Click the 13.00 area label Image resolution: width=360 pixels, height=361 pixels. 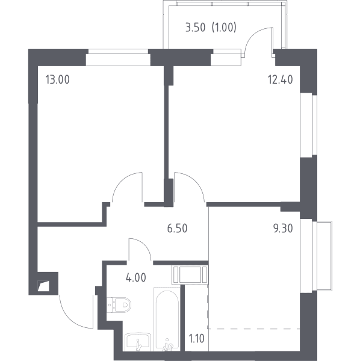pyautogui.click(x=58, y=79)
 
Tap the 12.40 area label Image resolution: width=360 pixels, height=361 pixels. pyautogui.click(x=281, y=79)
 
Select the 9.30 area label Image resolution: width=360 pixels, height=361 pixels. pyautogui.click(x=283, y=229)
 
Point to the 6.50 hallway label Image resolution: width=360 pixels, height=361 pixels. pyautogui.click(x=177, y=229)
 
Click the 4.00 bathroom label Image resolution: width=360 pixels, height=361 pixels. pyautogui.click(x=136, y=278)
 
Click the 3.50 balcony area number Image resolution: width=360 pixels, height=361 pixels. pyautogui.click(x=195, y=28)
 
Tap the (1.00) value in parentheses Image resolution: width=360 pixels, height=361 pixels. pyautogui.click(x=224, y=28)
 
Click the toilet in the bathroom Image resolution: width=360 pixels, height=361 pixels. pyautogui.click(x=119, y=304)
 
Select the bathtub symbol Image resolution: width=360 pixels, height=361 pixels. pyautogui.click(x=167, y=319)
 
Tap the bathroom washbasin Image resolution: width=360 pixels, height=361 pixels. pyautogui.click(x=138, y=342)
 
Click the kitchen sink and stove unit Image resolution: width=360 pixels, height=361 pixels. pyautogui.click(x=190, y=274)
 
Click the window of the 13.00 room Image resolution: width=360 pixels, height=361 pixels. pyautogui.click(x=118, y=57)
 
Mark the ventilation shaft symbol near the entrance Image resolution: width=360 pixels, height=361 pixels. pyautogui.click(x=43, y=286)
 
